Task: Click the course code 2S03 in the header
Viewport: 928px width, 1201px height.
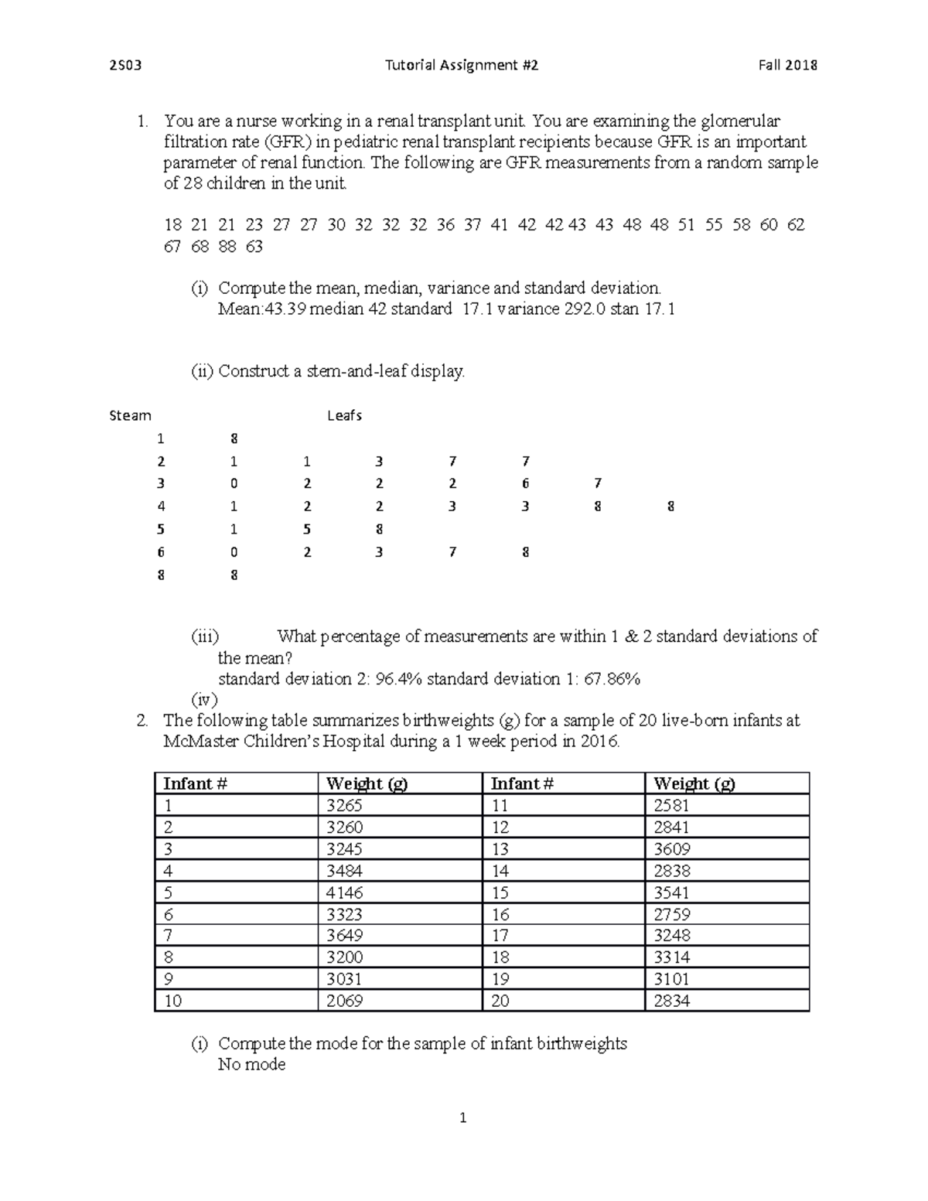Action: (x=125, y=66)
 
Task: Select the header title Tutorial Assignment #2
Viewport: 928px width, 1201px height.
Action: (x=462, y=66)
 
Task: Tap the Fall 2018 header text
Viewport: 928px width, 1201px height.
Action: (x=788, y=66)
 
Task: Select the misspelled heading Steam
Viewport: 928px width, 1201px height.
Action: (x=130, y=416)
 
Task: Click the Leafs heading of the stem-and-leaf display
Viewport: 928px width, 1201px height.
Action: (x=344, y=416)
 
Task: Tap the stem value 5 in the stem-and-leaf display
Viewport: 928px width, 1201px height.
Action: (x=161, y=530)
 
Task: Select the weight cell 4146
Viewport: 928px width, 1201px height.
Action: (x=344, y=892)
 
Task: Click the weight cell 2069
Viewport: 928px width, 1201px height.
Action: (x=344, y=1001)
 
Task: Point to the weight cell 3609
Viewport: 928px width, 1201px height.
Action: (x=672, y=849)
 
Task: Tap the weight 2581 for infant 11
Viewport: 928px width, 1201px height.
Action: (x=671, y=806)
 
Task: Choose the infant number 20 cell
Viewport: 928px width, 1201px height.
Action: (x=500, y=1001)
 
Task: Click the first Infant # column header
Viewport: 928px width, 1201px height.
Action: (x=195, y=783)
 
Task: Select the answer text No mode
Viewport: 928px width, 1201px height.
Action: (x=251, y=1065)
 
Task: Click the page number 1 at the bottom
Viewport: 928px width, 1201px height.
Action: (x=462, y=1118)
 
